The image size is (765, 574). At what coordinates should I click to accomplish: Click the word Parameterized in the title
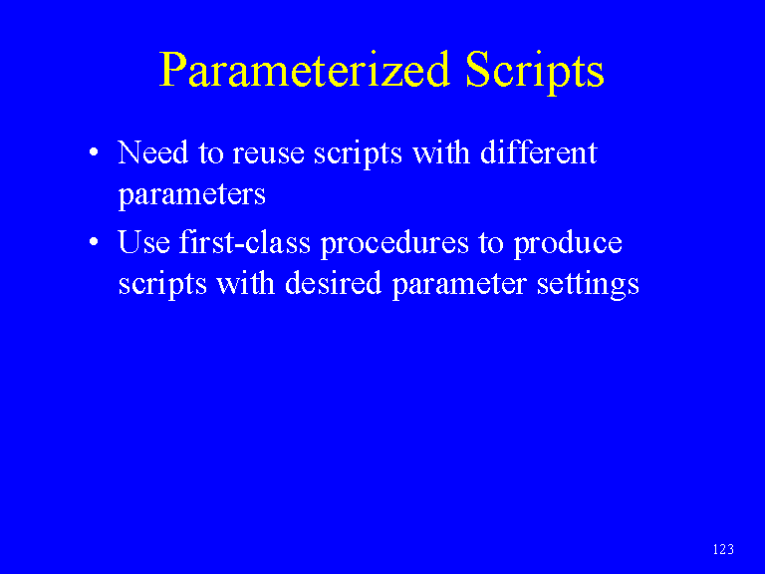tap(304, 70)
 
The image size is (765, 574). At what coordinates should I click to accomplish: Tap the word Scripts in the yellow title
tap(535, 72)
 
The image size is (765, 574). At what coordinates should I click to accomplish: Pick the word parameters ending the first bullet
tap(191, 195)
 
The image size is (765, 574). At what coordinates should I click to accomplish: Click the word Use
tap(143, 242)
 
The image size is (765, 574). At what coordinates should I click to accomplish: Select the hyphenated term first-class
tap(244, 241)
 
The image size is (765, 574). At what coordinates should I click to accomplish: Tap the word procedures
tap(394, 243)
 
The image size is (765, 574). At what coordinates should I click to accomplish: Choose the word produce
tap(568, 243)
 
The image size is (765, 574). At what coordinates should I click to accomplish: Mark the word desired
tap(333, 283)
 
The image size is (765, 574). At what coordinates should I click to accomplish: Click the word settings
tap(588, 285)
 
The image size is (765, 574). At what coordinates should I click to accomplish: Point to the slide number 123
tap(723, 549)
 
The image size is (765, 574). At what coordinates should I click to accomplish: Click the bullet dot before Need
tap(94, 151)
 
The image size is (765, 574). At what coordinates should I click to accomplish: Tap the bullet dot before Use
tap(94, 241)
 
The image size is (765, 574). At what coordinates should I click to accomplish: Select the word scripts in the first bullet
tap(358, 154)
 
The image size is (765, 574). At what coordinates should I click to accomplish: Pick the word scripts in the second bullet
tap(162, 285)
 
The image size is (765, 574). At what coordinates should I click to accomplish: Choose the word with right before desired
tap(245, 283)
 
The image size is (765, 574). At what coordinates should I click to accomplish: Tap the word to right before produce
tap(491, 243)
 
